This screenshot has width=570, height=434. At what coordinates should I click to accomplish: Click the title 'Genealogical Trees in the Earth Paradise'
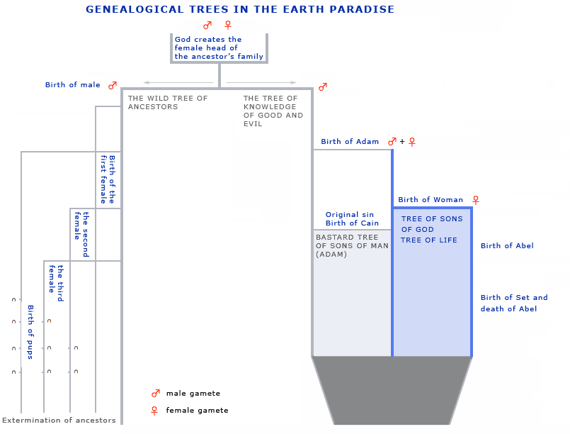(240, 9)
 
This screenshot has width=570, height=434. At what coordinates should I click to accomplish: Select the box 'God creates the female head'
(220, 48)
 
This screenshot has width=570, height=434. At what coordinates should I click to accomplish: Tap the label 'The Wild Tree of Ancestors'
(168, 102)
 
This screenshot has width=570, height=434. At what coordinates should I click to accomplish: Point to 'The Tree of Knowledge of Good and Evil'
(273, 111)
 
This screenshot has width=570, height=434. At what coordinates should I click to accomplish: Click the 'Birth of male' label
(73, 85)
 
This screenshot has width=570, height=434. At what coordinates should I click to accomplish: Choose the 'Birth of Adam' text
(350, 142)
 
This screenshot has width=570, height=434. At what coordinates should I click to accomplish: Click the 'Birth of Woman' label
(431, 199)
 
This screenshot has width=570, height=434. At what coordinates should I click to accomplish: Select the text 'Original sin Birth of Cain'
(352, 219)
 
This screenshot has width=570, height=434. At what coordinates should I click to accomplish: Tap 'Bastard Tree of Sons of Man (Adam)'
(352, 246)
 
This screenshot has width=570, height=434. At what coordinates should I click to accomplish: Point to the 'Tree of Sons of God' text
(432, 224)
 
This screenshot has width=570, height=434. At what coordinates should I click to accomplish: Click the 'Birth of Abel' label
(507, 246)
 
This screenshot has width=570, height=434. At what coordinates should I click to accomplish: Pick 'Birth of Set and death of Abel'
(514, 303)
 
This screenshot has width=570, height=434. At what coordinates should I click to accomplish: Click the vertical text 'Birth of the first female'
(108, 179)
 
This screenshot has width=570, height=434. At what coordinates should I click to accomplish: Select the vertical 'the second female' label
(82, 235)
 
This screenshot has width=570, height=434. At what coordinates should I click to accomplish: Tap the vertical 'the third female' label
(57, 283)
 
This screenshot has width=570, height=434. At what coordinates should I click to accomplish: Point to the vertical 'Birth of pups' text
(30, 332)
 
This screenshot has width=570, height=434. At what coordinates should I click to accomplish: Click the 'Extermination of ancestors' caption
(59, 420)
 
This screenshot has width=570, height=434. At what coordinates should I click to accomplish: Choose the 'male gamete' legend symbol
(156, 393)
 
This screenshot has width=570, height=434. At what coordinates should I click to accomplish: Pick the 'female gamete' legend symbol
(154, 411)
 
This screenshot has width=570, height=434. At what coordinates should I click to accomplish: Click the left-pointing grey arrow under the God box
(178, 83)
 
